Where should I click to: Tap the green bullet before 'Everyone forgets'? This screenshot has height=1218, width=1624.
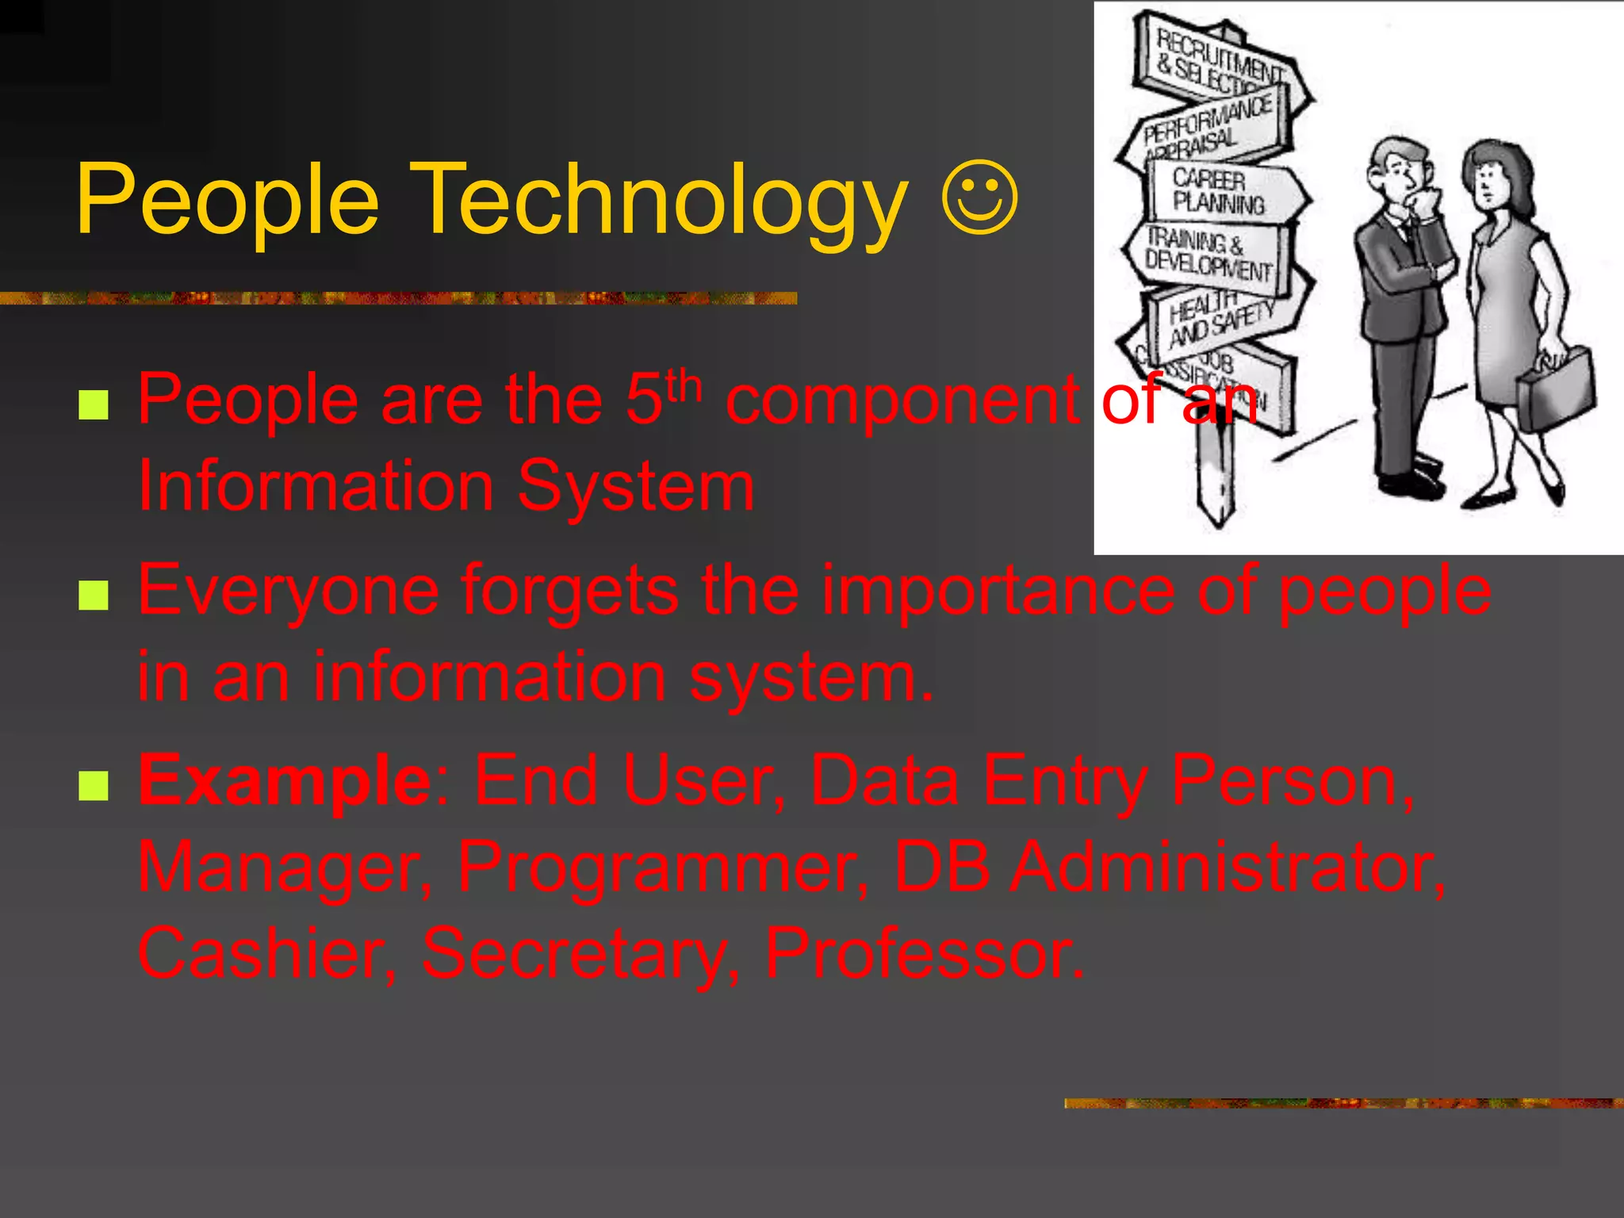pyautogui.click(x=94, y=596)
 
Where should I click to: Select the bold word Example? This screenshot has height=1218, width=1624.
pyautogui.click(x=284, y=780)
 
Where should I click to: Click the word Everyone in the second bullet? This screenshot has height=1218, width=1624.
pyautogui.click(x=289, y=592)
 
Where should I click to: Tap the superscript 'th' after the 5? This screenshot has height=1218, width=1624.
pyautogui.click(x=684, y=385)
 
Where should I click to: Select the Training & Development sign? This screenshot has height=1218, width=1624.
pyautogui.click(x=1208, y=252)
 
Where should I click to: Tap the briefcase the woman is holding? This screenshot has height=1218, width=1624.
pyautogui.click(x=1555, y=389)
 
